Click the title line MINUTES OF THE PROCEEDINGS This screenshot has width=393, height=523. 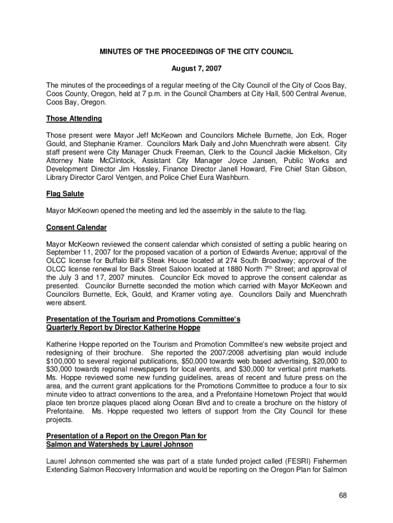tap(196, 52)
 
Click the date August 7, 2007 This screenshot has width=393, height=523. tap(196, 68)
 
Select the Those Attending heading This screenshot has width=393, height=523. tap(74, 118)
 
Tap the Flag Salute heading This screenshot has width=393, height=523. tap(65, 194)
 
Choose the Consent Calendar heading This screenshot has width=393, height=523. tap(76, 227)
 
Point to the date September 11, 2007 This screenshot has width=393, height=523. tap(77, 252)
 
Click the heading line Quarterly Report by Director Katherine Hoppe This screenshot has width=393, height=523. tap(123, 327)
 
